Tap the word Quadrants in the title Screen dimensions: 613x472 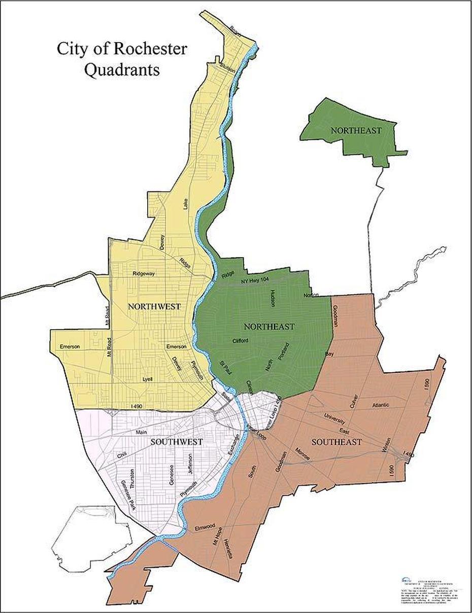pyautogui.click(x=122, y=69)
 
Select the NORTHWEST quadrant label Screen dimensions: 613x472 pyautogui.click(x=154, y=306)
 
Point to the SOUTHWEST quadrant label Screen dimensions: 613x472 pyautogui.click(x=176, y=442)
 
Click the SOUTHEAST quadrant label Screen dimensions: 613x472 pyautogui.click(x=336, y=442)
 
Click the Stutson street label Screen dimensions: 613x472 pyautogui.click(x=227, y=68)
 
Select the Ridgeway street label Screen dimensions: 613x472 pyautogui.click(x=144, y=273)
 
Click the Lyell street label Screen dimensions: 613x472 pyautogui.click(x=148, y=379)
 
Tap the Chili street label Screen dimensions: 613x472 pyautogui.click(x=122, y=455)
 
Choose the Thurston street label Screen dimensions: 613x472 pyautogui.click(x=132, y=479)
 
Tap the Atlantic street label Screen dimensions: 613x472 pyautogui.click(x=381, y=405)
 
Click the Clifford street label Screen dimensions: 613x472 pyautogui.click(x=240, y=341)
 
